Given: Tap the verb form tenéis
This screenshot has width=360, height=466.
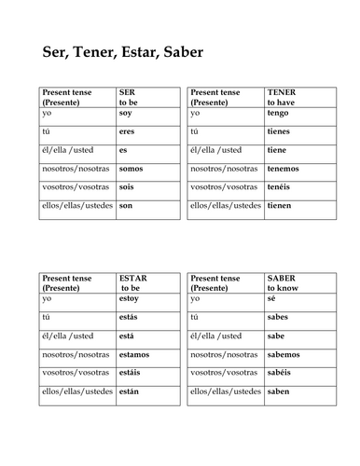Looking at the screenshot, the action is coord(281,186).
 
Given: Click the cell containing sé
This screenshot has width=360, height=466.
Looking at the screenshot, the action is coord(271,298).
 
